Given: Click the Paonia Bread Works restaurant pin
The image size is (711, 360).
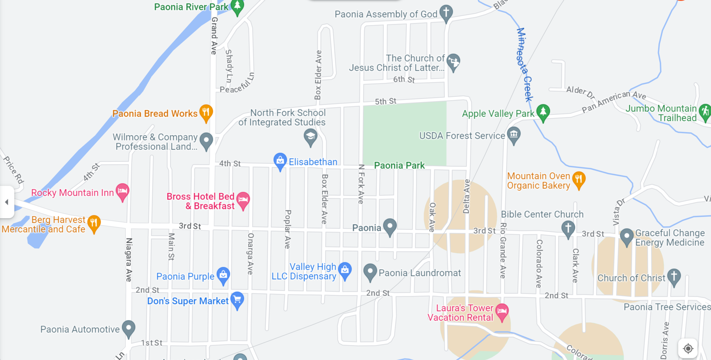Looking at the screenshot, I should tap(206, 112).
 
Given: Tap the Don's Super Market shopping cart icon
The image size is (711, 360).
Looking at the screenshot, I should tap(237, 300).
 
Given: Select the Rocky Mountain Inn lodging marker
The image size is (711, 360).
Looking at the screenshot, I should tap(122, 191).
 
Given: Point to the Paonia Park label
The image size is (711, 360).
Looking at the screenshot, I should tap(399, 165).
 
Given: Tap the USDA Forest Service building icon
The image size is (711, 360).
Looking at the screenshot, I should tap(514, 135).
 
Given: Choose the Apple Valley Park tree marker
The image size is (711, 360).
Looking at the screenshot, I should tap(543, 112).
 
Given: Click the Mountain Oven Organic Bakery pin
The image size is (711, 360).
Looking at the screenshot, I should tap(578, 180).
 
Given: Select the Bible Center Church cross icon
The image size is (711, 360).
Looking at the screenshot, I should tap(568, 228).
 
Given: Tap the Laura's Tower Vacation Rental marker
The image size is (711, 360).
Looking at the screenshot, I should tap(502, 312).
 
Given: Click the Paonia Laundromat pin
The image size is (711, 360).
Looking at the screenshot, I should tap(370, 272).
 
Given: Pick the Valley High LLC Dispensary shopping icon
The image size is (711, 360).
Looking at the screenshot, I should tap(345, 270).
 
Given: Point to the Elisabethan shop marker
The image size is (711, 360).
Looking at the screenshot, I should tap(280, 161).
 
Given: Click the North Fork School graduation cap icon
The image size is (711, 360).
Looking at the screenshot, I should tap(310, 136).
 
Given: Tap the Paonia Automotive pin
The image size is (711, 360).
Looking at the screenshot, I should tap(128, 328).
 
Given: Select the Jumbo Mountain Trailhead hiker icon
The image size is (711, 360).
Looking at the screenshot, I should tap(705, 112).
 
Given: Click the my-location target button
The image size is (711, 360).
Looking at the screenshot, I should tap(688, 349).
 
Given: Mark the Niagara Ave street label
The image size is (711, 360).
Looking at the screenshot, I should tap(129, 260).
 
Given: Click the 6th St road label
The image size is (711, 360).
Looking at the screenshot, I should tap(404, 79).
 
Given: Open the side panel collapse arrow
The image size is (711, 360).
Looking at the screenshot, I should tap(6, 202).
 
